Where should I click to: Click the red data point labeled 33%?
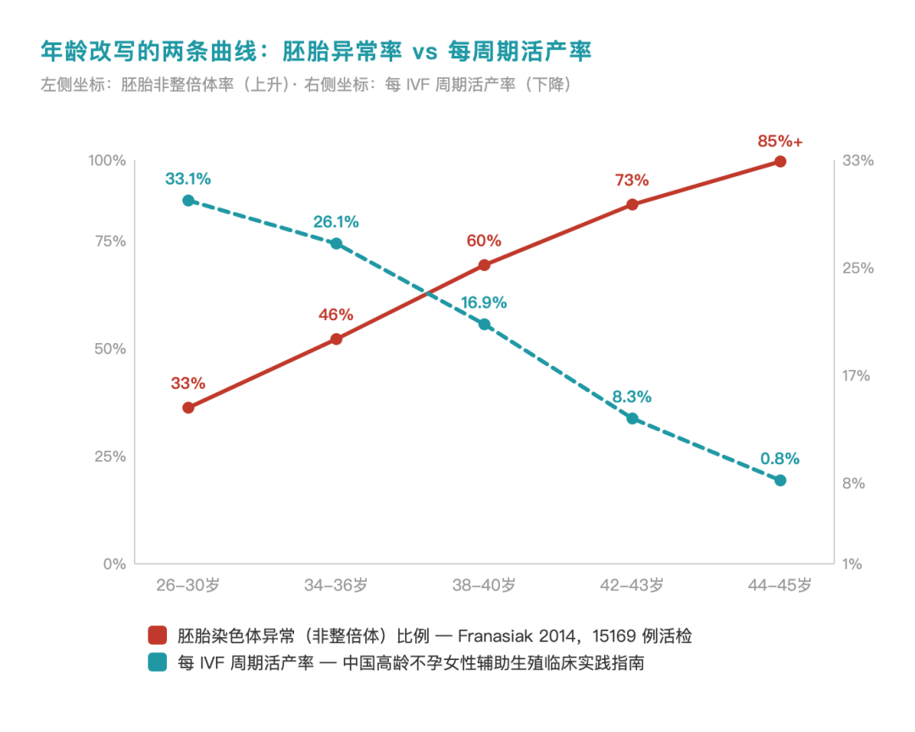click(188, 408)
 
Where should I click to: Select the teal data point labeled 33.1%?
click(188, 200)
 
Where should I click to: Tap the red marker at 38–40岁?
click(484, 265)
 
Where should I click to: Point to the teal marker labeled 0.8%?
click(780, 480)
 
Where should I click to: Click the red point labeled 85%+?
click(780, 161)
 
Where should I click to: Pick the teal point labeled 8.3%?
click(632, 418)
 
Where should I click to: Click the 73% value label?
click(632, 180)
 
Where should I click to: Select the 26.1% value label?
click(335, 222)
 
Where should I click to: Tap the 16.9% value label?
click(484, 302)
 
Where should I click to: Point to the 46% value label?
click(335, 314)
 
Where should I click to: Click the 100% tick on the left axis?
click(107, 160)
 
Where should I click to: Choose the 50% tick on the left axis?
click(110, 348)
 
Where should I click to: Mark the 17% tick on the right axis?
click(856, 375)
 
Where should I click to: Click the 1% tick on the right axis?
click(852, 564)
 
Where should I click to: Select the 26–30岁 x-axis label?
click(188, 585)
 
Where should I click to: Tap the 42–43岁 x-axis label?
click(632, 585)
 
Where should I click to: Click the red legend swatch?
click(158, 635)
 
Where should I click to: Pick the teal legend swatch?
click(158, 662)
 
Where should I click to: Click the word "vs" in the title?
click(424, 53)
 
